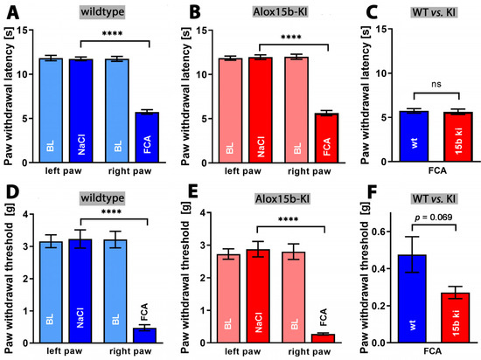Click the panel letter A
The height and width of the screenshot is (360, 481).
tap(8, 10)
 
